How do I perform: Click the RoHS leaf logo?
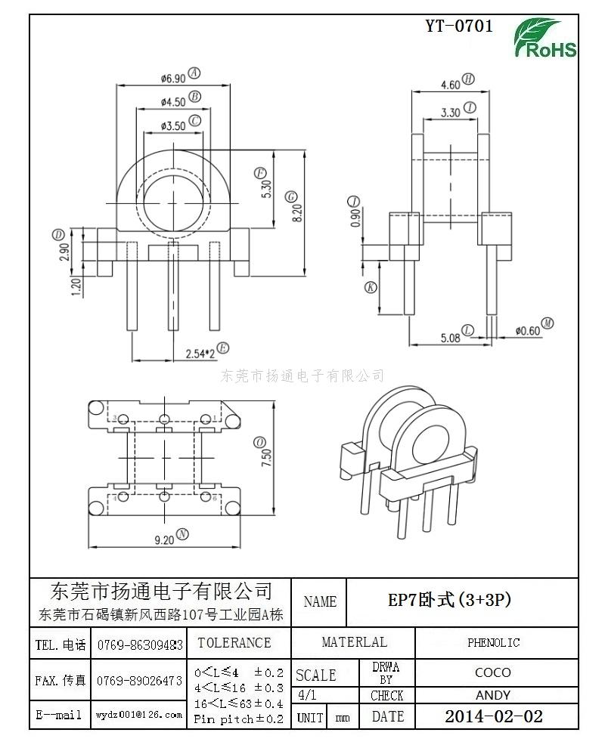(x=545, y=39)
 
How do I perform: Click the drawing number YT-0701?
(x=459, y=26)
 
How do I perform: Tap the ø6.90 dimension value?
(x=173, y=78)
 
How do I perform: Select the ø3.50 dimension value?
(x=173, y=125)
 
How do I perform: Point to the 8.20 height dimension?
(x=297, y=212)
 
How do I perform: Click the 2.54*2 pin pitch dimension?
(x=200, y=354)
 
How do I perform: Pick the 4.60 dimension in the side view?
(x=450, y=85)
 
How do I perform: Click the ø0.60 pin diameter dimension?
(x=527, y=331)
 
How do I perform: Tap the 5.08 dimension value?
(x=450, y=338)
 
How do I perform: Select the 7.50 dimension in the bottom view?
(x=266, y=457)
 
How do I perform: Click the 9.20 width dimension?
(x=164, y=539)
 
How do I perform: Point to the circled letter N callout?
(x=183, y=534)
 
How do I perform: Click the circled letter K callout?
(x=371, y=286)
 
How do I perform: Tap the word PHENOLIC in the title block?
(x=493, y=642)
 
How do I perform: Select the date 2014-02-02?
(x=494, y=716)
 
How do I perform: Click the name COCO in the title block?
(x=493, y=672)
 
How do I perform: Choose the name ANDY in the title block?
(x=493, y=695)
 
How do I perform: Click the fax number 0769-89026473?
(x=139, y=680)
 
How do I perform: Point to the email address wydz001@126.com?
(x=139, y=715)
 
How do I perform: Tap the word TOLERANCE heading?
(x=234, y=642)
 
